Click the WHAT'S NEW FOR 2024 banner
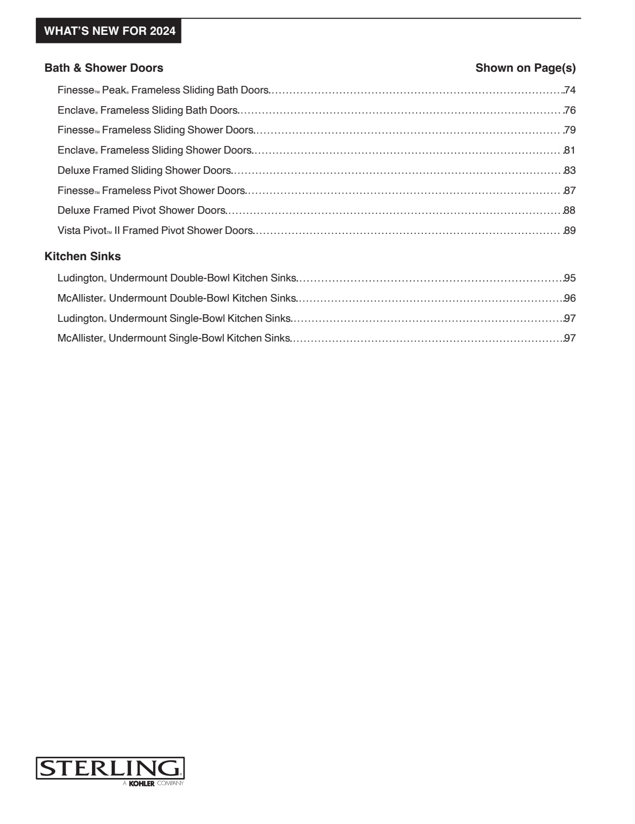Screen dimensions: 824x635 109,31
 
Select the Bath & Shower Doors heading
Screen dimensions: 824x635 104,68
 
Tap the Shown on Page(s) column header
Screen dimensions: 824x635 525,68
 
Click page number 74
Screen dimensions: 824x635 570,90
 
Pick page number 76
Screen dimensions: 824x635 570,111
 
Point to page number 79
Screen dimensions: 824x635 570,130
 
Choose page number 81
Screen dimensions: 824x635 570,151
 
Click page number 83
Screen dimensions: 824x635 570,171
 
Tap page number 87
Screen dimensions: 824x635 570,191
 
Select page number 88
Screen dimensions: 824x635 570,211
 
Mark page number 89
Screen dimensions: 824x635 570,231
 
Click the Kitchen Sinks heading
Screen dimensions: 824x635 82,257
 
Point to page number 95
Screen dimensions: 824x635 570,278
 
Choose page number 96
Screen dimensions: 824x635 570,299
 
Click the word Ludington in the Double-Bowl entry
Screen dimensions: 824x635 80,278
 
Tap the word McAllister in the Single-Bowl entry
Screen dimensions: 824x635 80,338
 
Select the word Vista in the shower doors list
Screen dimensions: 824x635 69,231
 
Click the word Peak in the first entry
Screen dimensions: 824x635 114,90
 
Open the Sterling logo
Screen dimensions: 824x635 110,768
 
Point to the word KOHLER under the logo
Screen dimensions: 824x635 142,784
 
